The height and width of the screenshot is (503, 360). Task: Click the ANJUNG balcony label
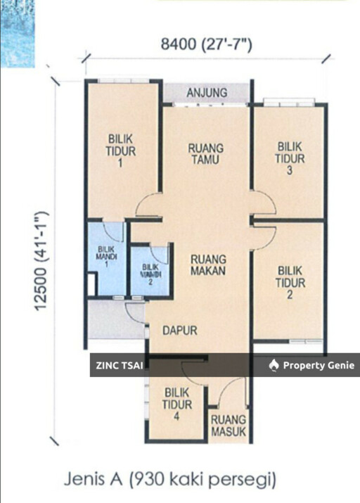click(207, 93)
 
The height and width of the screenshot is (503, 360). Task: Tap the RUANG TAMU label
click(206, 154)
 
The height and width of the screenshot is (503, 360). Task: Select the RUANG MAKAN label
click(208, 265)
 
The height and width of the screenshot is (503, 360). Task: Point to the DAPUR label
click(179, 331)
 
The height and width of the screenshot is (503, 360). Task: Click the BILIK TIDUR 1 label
click(121, 151)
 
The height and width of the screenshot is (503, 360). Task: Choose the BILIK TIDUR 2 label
click(290, 283)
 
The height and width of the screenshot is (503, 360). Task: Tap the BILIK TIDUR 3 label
click(290, 158)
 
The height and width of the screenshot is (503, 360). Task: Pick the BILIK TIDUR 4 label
click(177, 405)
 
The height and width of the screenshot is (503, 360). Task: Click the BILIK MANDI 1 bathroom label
click(106, 257)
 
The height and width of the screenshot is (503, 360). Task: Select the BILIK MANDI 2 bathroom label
click(150, 274)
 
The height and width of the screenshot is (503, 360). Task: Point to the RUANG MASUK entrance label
click(229, 426)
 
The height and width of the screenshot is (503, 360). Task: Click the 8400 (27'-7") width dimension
click(207, 44)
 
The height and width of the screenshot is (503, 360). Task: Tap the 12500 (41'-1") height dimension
click(41, 261)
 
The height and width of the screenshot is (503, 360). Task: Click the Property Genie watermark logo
click(273, 365)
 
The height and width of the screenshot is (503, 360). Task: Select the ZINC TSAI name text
click(120, 365)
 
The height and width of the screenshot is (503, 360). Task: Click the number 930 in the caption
click(149, 480)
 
